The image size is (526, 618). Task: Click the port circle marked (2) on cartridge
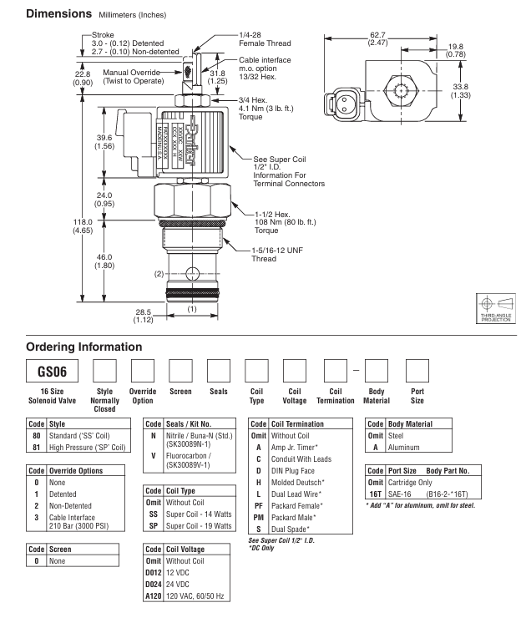(195, 272)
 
